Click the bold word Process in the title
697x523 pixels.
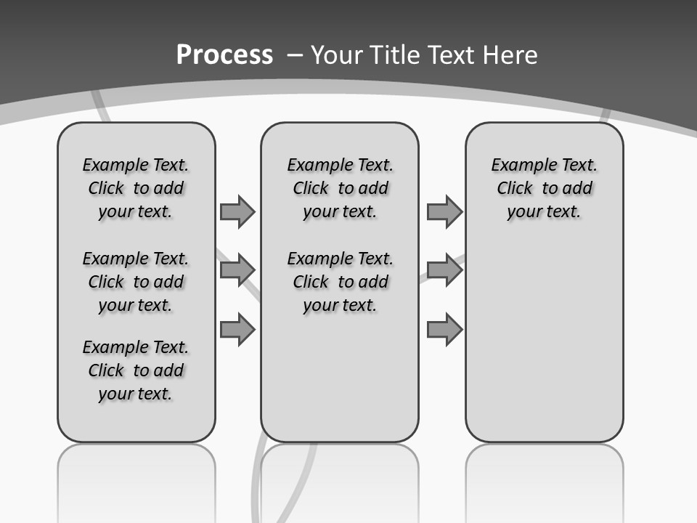point(224,55)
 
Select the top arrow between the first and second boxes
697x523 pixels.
point(237,211)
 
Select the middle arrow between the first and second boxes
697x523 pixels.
point(237,270)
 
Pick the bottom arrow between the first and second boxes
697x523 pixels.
point(237,330)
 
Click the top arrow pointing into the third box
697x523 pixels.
point(444,211)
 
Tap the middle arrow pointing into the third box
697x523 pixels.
point(444,270)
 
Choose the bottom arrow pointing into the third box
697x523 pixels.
point(444,330)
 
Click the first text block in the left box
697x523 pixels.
point(136,188)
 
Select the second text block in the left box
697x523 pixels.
point(136,282)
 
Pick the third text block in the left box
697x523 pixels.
point(136,370)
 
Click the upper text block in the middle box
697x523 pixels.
point(340,188)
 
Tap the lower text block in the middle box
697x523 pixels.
point(340,282)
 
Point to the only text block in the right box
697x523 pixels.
point(544,188)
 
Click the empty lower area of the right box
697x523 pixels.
point(544,341)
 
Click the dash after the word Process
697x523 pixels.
point(294,55)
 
